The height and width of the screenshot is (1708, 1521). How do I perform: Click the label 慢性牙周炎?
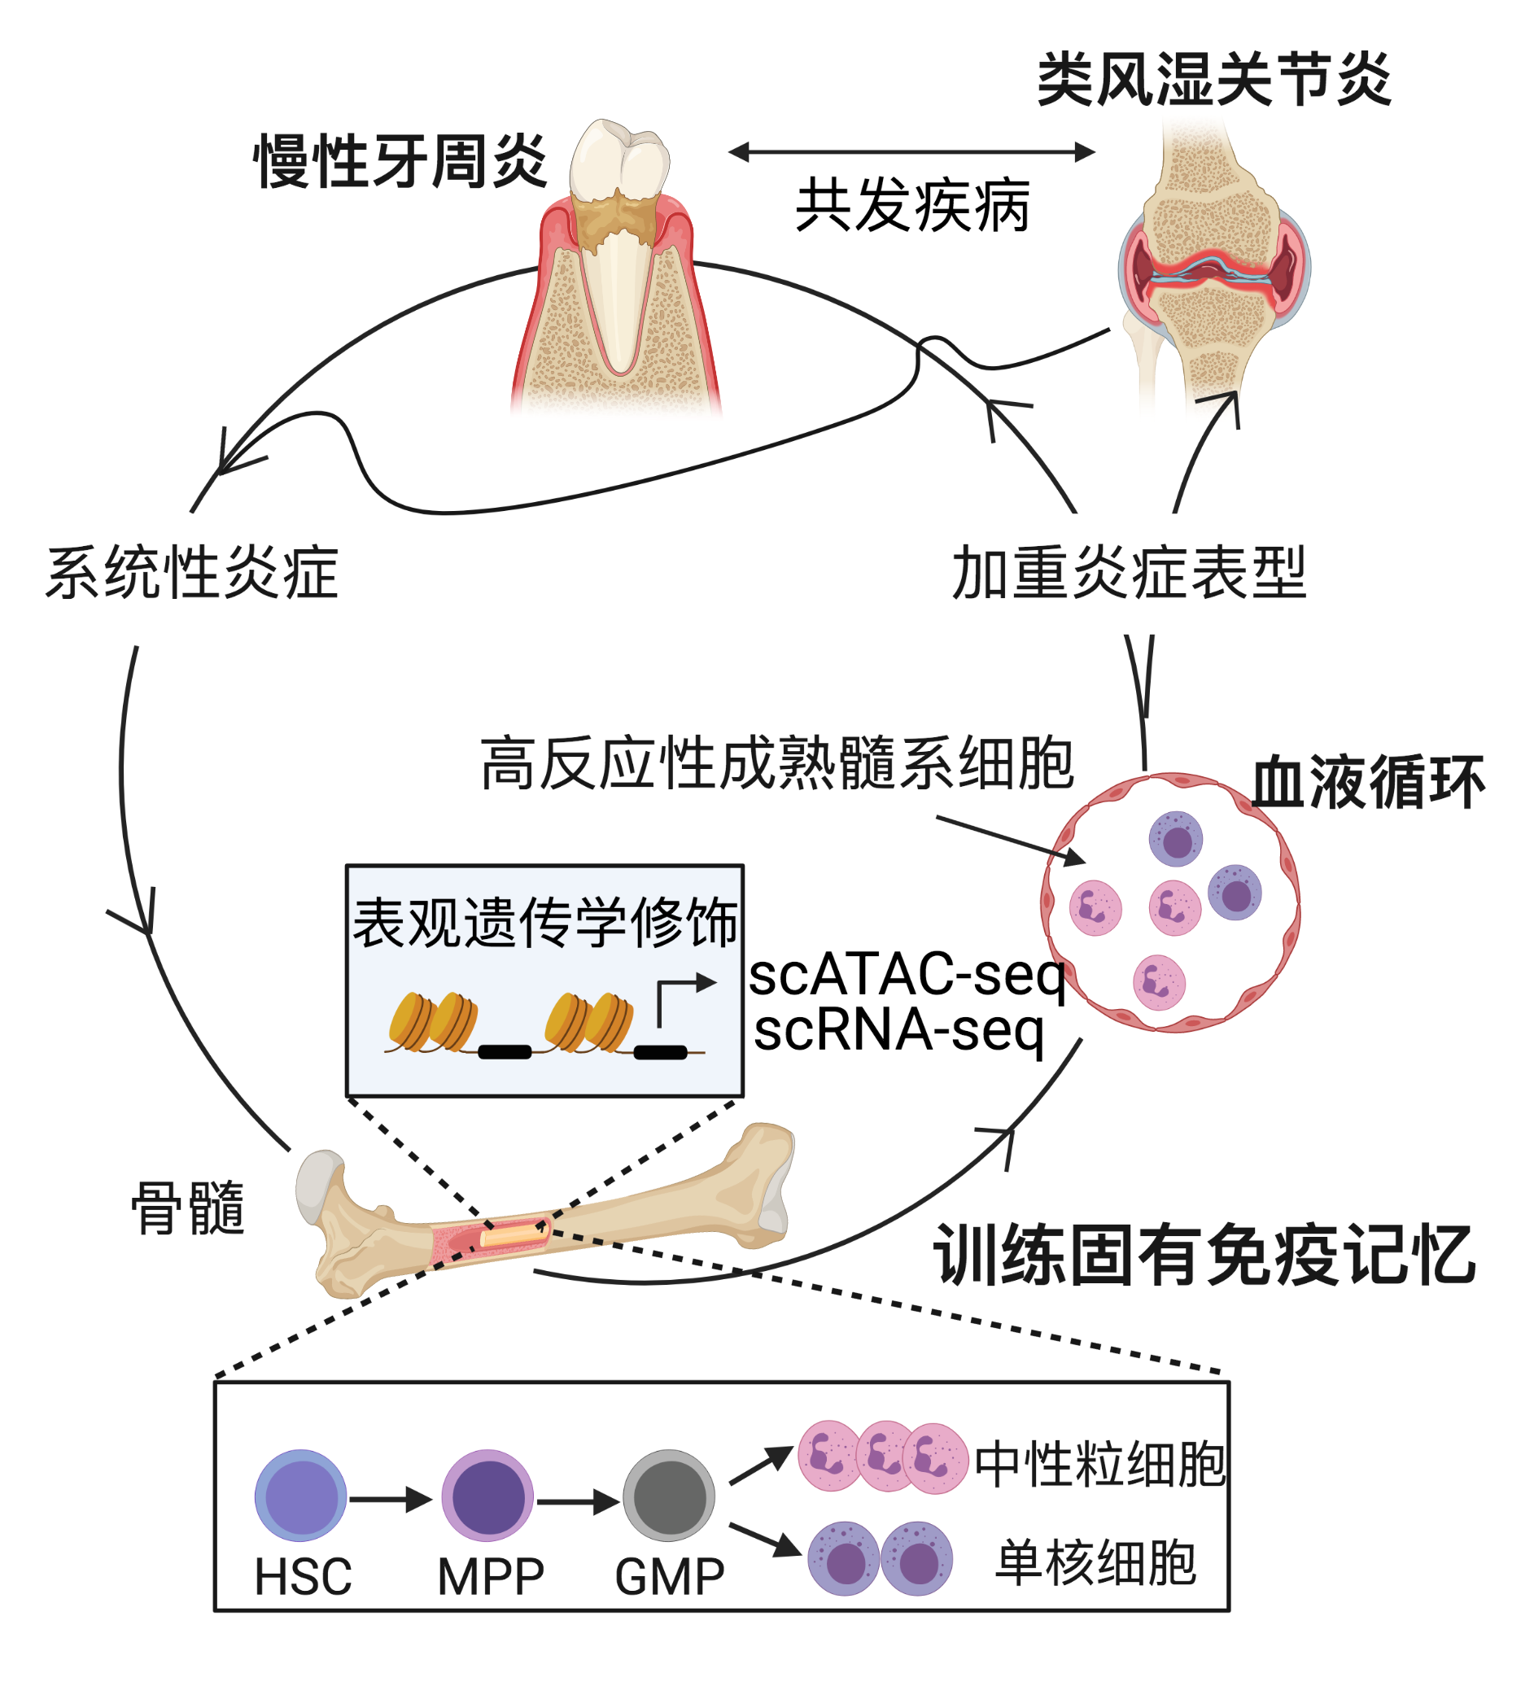400,160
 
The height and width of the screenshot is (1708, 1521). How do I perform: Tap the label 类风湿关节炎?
1213,80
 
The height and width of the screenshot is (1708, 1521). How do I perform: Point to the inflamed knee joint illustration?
1213,268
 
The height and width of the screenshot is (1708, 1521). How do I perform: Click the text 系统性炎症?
192,572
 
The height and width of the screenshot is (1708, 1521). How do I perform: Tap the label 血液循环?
1368,782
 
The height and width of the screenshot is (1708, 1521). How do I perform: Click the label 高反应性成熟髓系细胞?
777,762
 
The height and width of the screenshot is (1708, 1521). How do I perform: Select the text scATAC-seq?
907,974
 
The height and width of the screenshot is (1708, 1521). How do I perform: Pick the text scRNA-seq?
899,1029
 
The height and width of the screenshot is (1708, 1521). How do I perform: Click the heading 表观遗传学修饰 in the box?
545,923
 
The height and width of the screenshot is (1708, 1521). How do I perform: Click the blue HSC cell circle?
301,1495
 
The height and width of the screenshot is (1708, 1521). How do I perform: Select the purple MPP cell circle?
487,1495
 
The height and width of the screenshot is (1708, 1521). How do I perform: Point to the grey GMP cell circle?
669,1495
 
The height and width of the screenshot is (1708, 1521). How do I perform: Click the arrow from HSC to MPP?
390,1499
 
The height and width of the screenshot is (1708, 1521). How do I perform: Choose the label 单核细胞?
1095,1562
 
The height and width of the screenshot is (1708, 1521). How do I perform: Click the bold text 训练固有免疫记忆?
1204,1255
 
